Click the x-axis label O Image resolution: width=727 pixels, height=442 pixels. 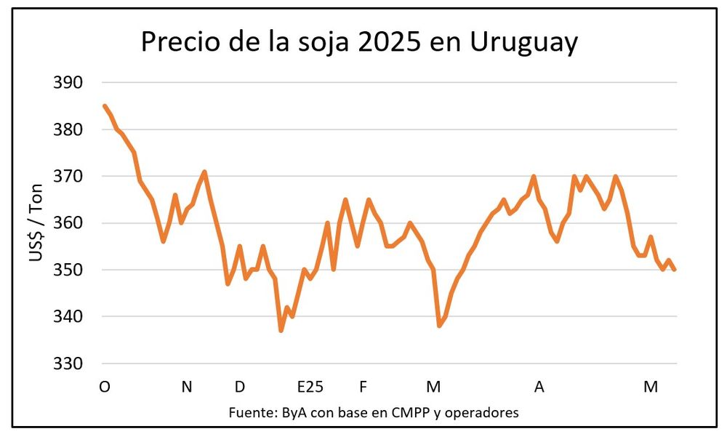(x=105, y=387)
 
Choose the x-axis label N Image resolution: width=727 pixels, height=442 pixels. (x=187, y=387)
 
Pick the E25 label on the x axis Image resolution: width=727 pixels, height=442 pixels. (x=310, y=387)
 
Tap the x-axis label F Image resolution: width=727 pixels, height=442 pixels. (x=363, y=387)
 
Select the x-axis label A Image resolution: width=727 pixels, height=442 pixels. (x=539, y=387)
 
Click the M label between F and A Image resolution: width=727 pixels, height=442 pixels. (x=433, y=387)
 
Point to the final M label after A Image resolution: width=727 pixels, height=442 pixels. (x=651, y=387)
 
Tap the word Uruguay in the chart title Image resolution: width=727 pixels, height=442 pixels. (x=524, y=42)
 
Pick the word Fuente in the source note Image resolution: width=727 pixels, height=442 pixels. (x=250, y=412)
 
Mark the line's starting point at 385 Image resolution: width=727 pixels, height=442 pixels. (x=105, y=106)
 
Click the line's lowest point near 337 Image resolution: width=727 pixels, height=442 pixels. (x=281, y=331)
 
